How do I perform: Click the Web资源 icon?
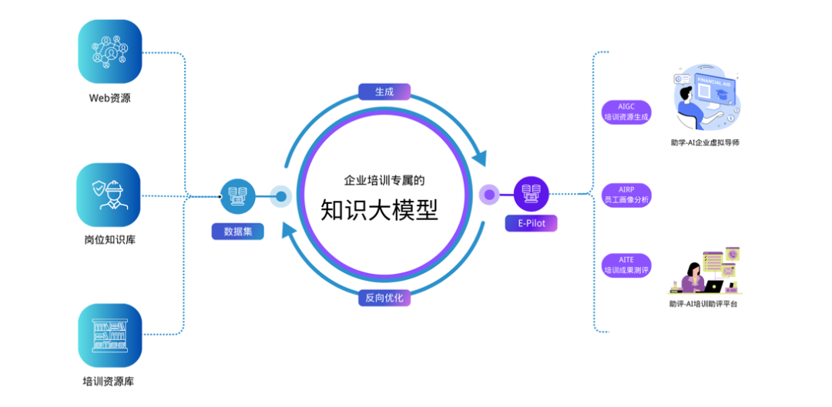click(x=110, y=51)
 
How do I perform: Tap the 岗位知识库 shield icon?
click(x=109, y=194)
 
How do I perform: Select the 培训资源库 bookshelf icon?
click(x=109, y=335)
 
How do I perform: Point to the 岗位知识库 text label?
click(x=109, y=240)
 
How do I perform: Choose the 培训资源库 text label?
click(x=109, y=381)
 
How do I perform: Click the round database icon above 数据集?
click(x=237, y=196)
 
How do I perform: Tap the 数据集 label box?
click(x=237, y=230)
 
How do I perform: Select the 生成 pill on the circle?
click(x=384, y=92)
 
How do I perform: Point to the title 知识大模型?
click(x=384, y=209)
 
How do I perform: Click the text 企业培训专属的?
click(x=384, y=181)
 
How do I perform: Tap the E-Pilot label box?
click(x=531, y=223)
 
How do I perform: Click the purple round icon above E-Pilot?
click(x=531, y=194)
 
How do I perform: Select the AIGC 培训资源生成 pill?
click(x=626, y=112)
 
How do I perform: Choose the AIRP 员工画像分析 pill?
click(x=626, y=195)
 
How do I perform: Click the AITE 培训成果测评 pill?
click(x=626, y=265)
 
